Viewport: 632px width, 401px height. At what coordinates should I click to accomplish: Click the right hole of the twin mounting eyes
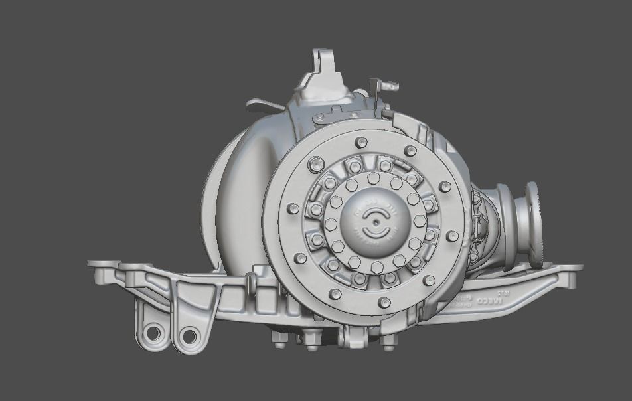pyautogui.click(x=189, y=336)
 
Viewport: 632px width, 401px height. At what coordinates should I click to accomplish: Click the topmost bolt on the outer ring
pyautogui.click(x=361, y=142)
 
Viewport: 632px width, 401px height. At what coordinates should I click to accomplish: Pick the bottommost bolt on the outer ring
pyautogui.click(x=384, y=302)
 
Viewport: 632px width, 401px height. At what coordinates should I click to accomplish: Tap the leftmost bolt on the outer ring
pyautogui.click(x=292, y=208)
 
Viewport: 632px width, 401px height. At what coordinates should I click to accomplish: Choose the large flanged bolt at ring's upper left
pyautogui.click(x=316, y=163)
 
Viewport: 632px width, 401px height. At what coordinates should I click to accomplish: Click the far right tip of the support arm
pyautogui.click(x=579, y=268)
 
